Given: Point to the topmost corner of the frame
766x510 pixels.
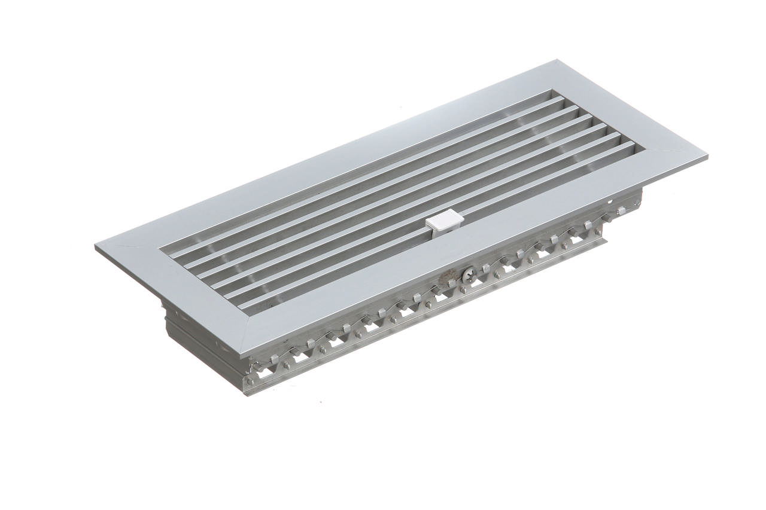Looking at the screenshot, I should pyautogui.click(x=558, y=60).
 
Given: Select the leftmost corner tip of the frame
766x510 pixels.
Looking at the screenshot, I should pyautogui.click(x=96, y=246).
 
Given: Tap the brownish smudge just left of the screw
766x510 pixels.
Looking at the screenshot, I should pyautogui.click(x=448, y=279).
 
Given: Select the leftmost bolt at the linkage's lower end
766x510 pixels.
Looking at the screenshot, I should pyautogui.click(x=250, y=380).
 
